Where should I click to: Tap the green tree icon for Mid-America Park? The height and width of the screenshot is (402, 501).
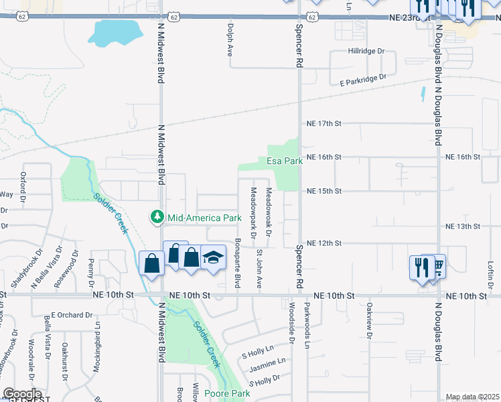[x=157, y=217]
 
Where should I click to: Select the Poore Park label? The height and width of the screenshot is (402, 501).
[x=227, y=393]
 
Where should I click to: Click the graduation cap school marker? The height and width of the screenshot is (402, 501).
[x=213, y=258]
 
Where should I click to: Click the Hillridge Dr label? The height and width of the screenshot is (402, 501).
[x=367, y=51]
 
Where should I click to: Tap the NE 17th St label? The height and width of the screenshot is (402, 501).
[x=324, y=124]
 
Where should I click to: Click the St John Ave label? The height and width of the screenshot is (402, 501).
[x=259, y=269]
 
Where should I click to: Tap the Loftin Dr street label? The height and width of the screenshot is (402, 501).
[x=490, y=273]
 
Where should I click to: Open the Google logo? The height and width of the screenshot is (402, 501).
[x=22, y=394]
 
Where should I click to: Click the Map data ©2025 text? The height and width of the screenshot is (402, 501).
[x=472, y=397]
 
